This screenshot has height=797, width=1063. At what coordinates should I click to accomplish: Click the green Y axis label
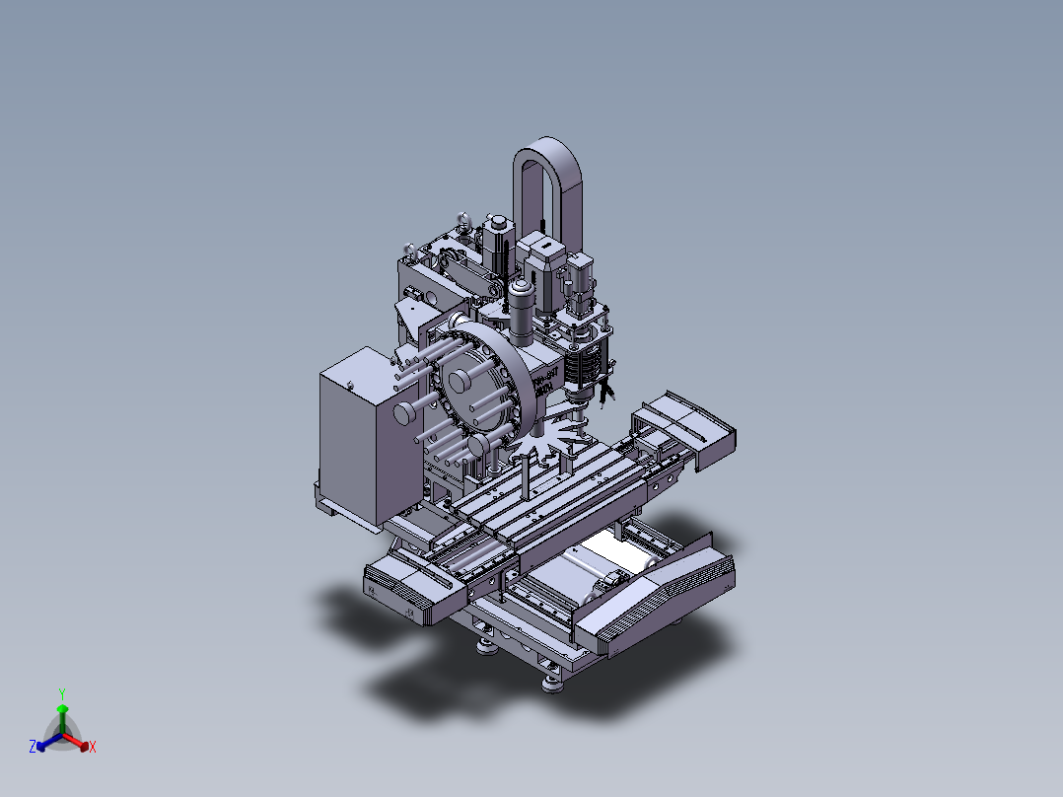(61, 692)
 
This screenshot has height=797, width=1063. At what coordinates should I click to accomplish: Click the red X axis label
(92, 748)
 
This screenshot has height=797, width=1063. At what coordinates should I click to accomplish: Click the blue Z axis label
(33, 747)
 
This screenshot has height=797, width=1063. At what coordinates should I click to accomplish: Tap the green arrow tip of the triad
(62, 709)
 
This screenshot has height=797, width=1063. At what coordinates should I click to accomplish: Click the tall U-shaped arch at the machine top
(547, 178)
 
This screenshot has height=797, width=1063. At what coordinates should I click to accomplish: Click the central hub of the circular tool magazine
(460, 381)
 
